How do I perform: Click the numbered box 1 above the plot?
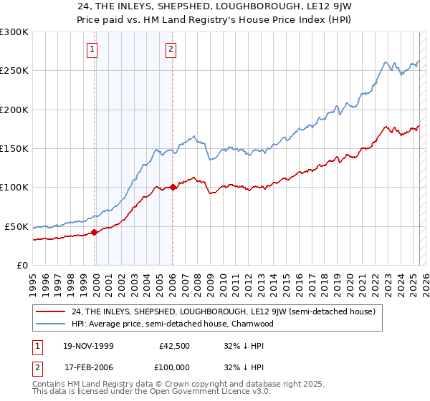pos(93,49)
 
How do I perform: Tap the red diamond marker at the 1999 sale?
pos(95,232)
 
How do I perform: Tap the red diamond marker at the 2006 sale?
pos(173,188)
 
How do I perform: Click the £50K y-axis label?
pos(17,226)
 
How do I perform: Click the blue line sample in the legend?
pos(50,324)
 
